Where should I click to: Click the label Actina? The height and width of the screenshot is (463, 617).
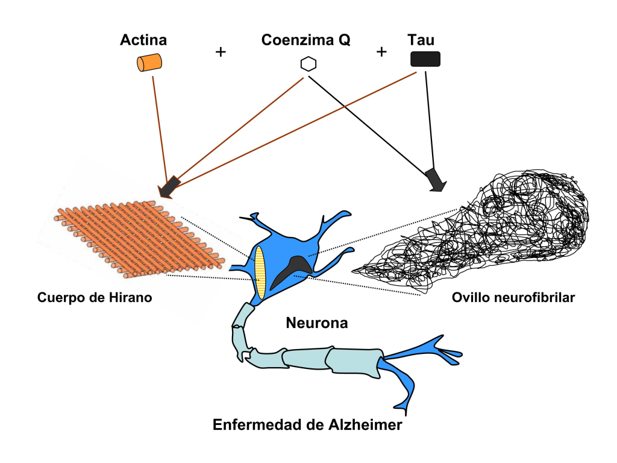[x=143, y=40]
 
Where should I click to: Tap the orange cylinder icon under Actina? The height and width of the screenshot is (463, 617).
[x=149, y=62]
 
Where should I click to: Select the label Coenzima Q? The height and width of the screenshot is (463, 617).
[x=305, y=40]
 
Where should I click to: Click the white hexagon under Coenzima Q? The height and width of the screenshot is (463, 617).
[x=308, y=64]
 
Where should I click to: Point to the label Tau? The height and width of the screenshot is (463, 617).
[x=421, y=40]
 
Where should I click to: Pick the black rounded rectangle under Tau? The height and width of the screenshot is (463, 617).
[x=425, y=59]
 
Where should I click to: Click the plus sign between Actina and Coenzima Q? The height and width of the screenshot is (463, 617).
[x=221, y=52]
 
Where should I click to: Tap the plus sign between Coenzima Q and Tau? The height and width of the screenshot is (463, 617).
[x=381, y=52]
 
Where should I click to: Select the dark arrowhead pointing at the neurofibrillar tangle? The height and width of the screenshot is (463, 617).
[x=435, y=179]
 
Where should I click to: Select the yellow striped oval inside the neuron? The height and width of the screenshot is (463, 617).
[x=260, y=272]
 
